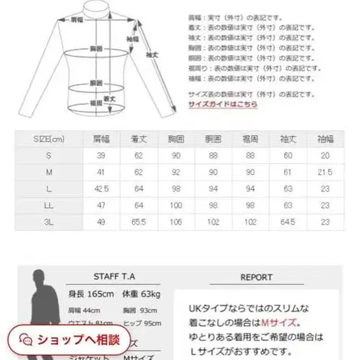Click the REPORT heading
coord(258,276)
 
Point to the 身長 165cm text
coord(90,295)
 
